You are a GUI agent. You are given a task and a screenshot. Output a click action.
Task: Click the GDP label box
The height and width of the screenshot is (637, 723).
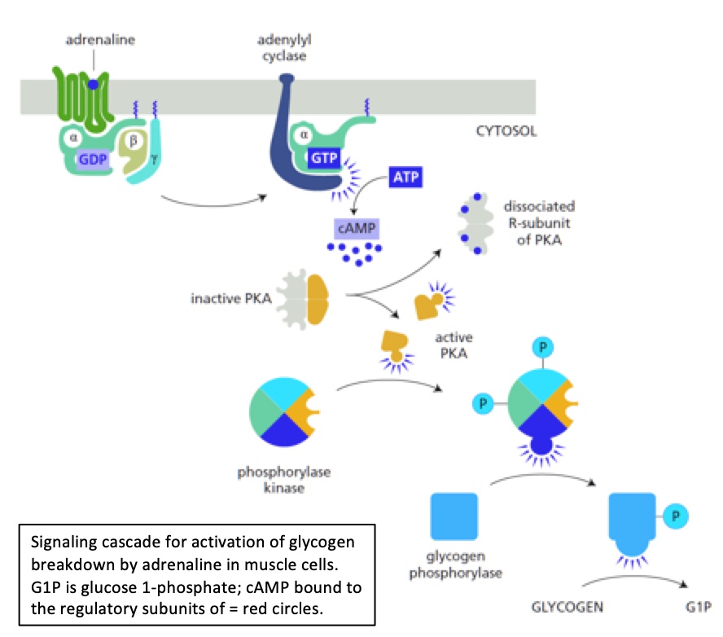pyautogui.click(x=92, y=159)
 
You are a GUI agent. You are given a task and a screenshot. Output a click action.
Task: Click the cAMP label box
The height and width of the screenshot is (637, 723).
pyautogui.click(x=357, y=228)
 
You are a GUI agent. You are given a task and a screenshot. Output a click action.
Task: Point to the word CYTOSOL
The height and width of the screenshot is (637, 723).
pyautogui.click(x=505, y=131)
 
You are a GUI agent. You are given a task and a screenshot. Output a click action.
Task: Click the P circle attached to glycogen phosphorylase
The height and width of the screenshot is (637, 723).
pyautogui.click(x=674, y=515)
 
